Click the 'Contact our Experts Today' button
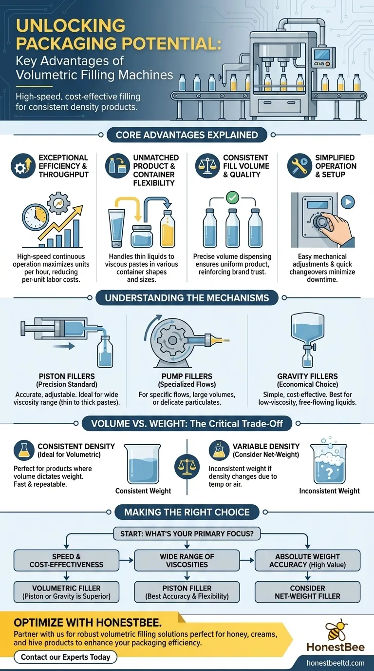pyautogui.click(x=65, y=657)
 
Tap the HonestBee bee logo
pyautogui.click(x=336, y=630)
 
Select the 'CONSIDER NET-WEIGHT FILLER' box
pyautogui.click(x=307, y=592)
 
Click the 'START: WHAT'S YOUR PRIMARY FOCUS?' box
pyautogui.click(x=187, y=533)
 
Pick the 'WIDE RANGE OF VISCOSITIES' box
pyautogui.click(x=187, y=560)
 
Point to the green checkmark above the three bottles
pyautogui.click(x=232, y=197)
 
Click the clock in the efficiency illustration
pyautogui.click(x=36, y=217)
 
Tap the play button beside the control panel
pyautogui.click(x=348, y=202)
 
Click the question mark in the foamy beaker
pyautogui.click(x=329, y=473)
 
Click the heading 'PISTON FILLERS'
pyautogui.click(x=67, y=376)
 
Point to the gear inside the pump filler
pyautogui.click(x=172, y=340)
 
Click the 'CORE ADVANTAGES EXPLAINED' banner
pyautogui.click(x=187, y=135)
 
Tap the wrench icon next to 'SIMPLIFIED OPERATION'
pyautogui.click(x=299, y=166)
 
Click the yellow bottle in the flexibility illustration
pyautogui.click(x=167, y=229)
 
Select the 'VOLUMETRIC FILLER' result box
pyautogui.click(x=66, y=592)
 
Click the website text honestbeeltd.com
pyautogui.click(x=336, y=663)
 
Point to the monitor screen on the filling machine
pyautogui.click(x=321, y=55)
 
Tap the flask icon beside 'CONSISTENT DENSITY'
pyautogui.click(x=24, y=450)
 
